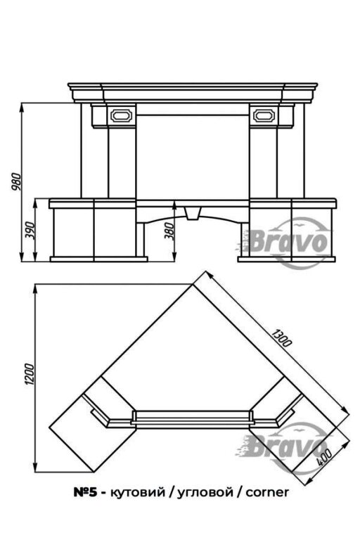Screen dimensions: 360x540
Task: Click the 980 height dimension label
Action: point(16,182)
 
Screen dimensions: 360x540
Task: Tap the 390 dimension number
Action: point(30,231)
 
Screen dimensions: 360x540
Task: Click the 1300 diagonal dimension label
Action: point(281,337)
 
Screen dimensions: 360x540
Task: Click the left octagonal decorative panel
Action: point(121,115)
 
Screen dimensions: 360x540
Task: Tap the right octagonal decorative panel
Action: point(264,115)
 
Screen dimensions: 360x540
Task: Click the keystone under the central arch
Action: point(193,214)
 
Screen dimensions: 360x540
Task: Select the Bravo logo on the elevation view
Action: point(289,242)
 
